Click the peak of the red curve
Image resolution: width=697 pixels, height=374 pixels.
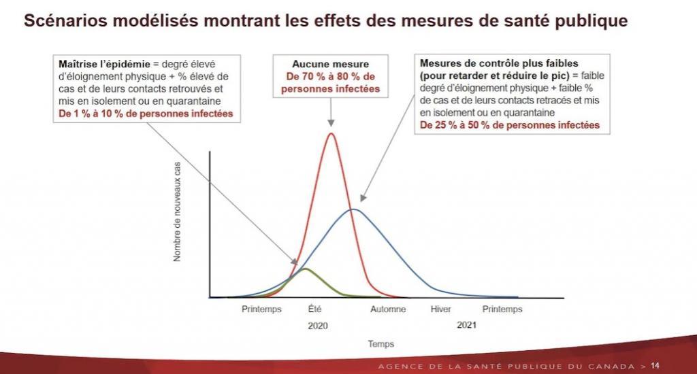coord(331,133)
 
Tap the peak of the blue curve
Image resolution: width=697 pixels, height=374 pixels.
coord(353,209)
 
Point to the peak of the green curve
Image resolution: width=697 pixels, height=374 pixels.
coord(304,269)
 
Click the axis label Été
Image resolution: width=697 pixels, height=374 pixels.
coord(314,309)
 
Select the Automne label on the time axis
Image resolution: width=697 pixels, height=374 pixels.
coord(388,309)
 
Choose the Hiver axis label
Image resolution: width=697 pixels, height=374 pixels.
coord(441,309)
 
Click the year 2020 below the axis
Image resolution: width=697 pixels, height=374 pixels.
coord(317,326)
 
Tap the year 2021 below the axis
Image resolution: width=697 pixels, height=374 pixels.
coord(466,325)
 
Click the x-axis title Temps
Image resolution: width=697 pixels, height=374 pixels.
coord(381,344)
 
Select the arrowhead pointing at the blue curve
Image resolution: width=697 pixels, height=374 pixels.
coord(361,199)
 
